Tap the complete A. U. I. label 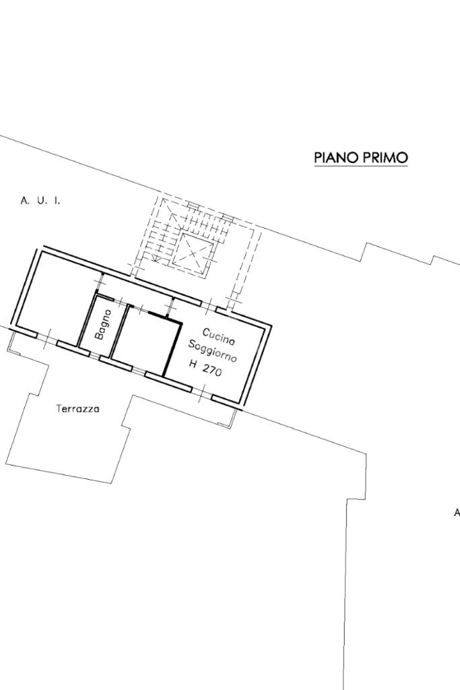pos(40,201)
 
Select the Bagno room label pos(102,325)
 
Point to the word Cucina pos(219,336)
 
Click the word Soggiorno pos(212,351)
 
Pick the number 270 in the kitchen pos(212,371)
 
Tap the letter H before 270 pos(193,364)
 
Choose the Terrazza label pos(78,409)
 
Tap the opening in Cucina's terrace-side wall pos(202,393)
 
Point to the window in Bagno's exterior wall pos(94,354)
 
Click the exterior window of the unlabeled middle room pos(139,371)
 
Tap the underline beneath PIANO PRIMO pos(361,166)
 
